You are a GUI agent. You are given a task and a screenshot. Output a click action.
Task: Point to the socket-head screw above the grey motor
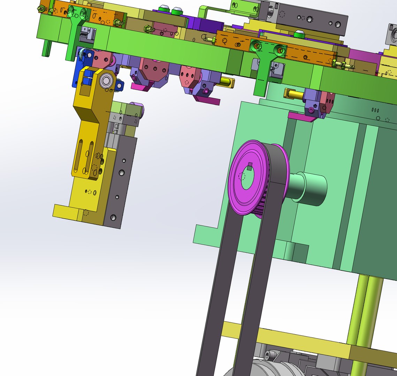[267, 355]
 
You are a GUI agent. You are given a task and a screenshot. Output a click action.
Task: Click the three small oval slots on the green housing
[375, 110]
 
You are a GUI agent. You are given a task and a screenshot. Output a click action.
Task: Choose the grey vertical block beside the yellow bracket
[120, 181]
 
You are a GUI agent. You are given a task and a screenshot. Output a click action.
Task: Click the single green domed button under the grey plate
[299, 34]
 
